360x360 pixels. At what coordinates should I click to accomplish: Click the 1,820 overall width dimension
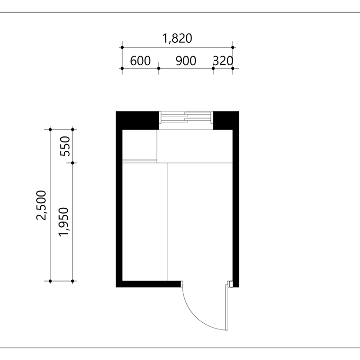[x=177, y=38]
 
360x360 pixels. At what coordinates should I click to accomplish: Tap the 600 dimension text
[x=140, y=61]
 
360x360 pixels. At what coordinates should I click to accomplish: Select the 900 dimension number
[x=186, y=61]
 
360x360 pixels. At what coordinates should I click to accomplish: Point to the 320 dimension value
[x=223, y=61]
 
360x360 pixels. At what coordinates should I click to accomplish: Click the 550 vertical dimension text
[x=65, y=146]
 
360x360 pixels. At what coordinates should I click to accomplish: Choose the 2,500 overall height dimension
[x=41, y=205]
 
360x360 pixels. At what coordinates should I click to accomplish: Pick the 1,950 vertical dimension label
[x=64, y=221]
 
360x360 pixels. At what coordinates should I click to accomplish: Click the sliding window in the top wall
[x=186, y=117]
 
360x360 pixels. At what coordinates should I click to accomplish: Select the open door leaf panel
[x=227, y=308]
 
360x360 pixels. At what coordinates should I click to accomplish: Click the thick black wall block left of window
[x=137, y=121]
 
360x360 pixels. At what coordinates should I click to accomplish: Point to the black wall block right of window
[x=226, y=121]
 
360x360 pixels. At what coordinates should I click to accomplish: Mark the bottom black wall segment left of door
[x=148, y=284]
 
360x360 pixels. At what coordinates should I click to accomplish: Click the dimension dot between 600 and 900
[x=158, y=68]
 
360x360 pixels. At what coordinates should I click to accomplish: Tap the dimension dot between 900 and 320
[x=213, y=68]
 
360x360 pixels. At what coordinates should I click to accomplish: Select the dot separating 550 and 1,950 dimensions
[x=73, y=163]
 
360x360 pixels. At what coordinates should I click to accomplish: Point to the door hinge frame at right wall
[x=230, y=284]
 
